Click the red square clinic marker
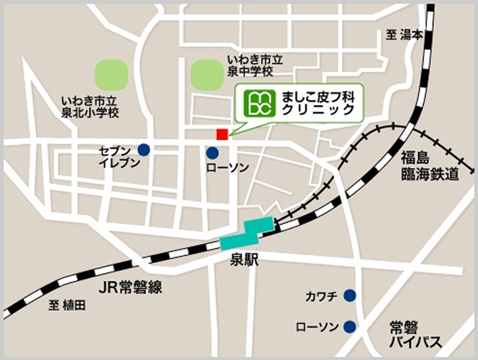222,134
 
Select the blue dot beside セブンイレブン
143,150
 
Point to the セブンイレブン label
118,156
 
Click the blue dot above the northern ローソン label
212,153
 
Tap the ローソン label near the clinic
227,169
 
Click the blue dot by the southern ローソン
349,326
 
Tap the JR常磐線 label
130,288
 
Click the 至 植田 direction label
68,306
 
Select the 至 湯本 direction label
404,35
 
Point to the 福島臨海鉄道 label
429,167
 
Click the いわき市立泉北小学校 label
90,107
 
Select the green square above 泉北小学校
111,74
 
